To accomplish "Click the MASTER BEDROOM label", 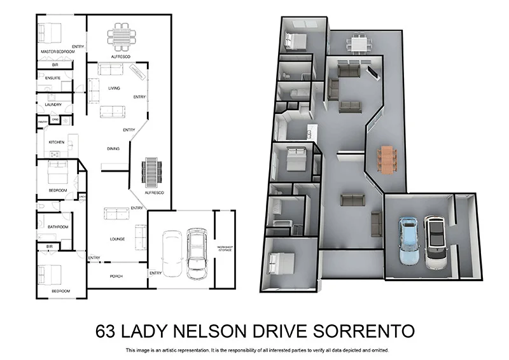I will [x=58, y=52].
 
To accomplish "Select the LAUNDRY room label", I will [x=53, y=104].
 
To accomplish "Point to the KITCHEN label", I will [x=57, y=142].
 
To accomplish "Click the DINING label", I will [x=113, y=149].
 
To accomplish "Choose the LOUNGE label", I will [x=117, y=239].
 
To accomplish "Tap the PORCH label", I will [x=116, y=276].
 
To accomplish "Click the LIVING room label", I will [x=115, y=88].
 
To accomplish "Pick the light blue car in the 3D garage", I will [x=407, y=240].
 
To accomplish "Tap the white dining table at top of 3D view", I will [x=356, y=45].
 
